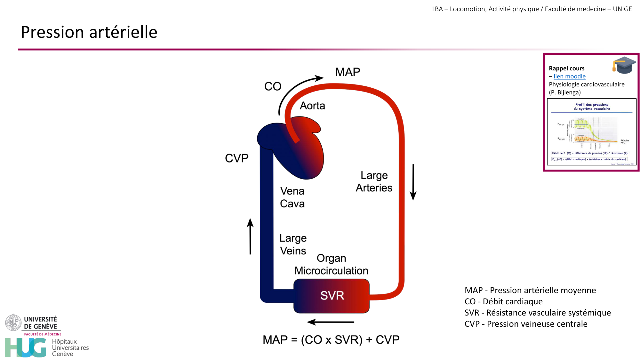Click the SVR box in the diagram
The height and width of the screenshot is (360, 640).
[x=332, y=296]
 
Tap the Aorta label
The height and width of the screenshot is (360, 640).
[x=312, y=106]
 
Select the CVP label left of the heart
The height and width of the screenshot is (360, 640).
[x=236, y=158]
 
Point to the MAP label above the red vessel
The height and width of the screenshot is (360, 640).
[x=348, y=72]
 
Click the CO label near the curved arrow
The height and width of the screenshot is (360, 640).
[x=273, y=86]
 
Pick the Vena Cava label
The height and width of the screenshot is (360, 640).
[x=292, y=197]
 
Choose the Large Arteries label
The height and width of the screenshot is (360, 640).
[x=374, y=181]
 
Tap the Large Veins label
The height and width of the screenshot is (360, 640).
[x=293, y=244]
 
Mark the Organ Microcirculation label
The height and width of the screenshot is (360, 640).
[x=331, y=264]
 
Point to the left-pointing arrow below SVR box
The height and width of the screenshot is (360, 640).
[x=330, y=322]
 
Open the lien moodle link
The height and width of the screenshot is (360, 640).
[x=570, y=76]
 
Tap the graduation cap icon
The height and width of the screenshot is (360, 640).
[x=624, y=65]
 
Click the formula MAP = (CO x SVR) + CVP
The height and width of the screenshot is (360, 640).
[x=331, y=340]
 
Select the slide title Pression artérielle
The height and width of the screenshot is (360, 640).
[x=89, y=32]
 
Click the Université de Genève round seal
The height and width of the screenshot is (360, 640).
[x=13, y=322]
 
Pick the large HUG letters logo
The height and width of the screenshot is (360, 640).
[x=26, y=348]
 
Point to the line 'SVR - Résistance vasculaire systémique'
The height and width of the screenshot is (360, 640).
[x=538, y=313]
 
